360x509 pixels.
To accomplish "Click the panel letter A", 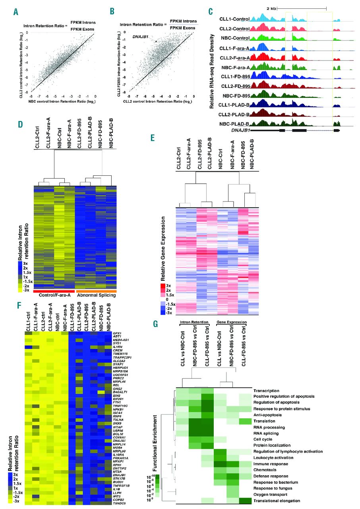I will click(x=15, y=12).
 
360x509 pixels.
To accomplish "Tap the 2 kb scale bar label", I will click(x=271, y=8).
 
